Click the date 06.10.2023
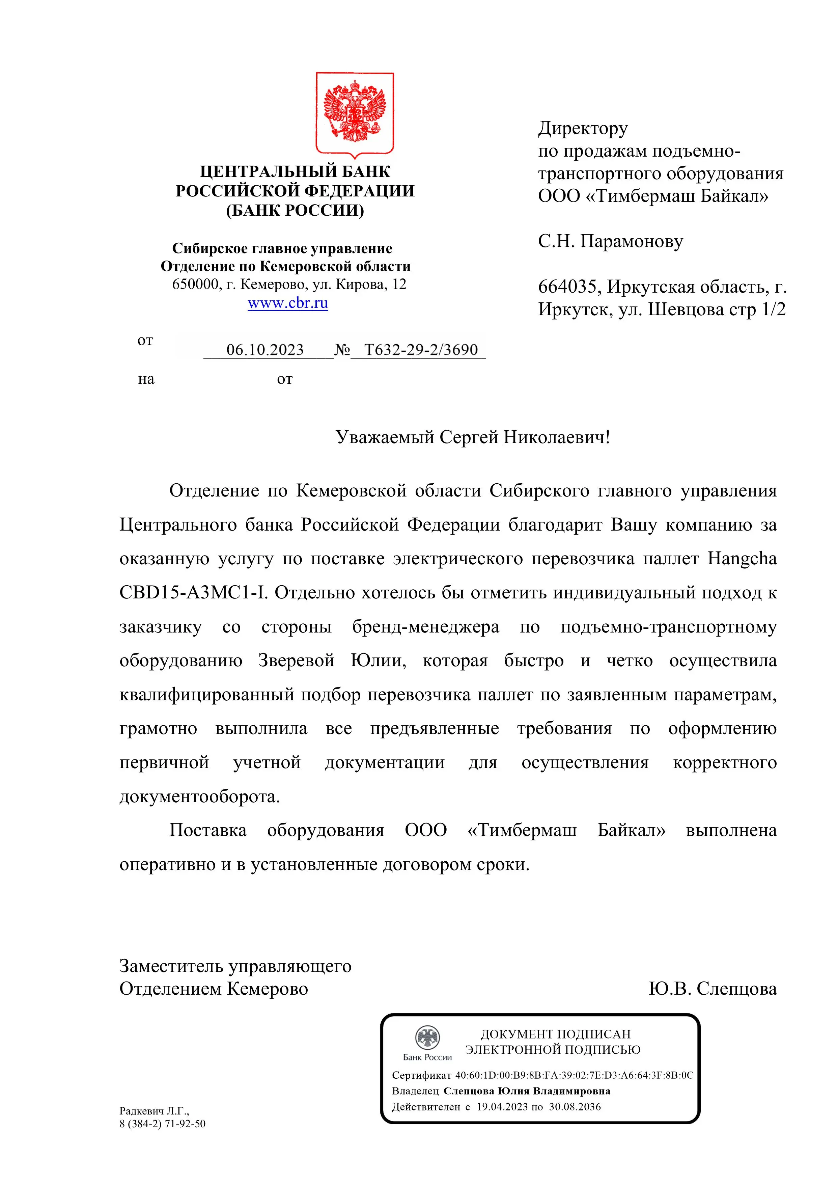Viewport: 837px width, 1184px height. pos(265,350)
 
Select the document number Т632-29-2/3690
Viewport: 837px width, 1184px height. pos(421,350)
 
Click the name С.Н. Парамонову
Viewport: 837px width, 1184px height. pos(610,241)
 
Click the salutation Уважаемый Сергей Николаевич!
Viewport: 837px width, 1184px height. pos(473,437)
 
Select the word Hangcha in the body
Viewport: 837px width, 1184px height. pos(742,559)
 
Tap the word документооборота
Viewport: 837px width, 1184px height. pos(199,797)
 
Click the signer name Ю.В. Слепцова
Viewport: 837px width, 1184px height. pos(712,989)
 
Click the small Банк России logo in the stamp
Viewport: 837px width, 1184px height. pos(427,1038)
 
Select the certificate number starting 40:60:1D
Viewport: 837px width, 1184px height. pos(574,1075)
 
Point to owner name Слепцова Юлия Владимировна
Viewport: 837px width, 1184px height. pos(527,1091)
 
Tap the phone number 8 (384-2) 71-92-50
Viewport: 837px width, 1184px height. pos(162,1124)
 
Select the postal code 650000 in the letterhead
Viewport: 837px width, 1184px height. pos(195,284)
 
